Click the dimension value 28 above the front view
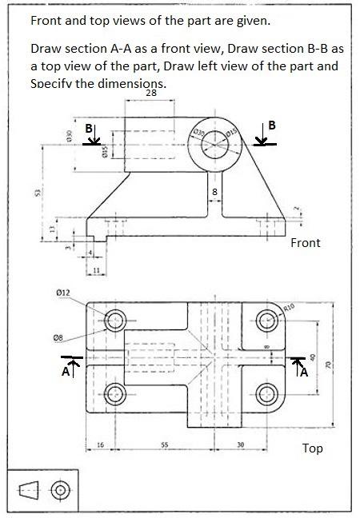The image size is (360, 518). pos(151,94)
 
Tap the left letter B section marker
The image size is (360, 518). pos(90,128)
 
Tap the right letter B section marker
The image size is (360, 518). pos(272,126)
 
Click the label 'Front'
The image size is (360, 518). pos(306,242)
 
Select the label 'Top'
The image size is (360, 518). pos(312,448)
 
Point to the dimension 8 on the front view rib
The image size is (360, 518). pos(214,193)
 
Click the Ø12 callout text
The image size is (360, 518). pos(65,295)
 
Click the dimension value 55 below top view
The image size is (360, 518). pos(163,444)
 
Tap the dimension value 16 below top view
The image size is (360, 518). pos(100,444)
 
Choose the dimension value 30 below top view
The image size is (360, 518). pos(240,444)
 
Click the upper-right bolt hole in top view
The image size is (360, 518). pos(266,321)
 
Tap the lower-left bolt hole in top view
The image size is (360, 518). pos(115,392)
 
